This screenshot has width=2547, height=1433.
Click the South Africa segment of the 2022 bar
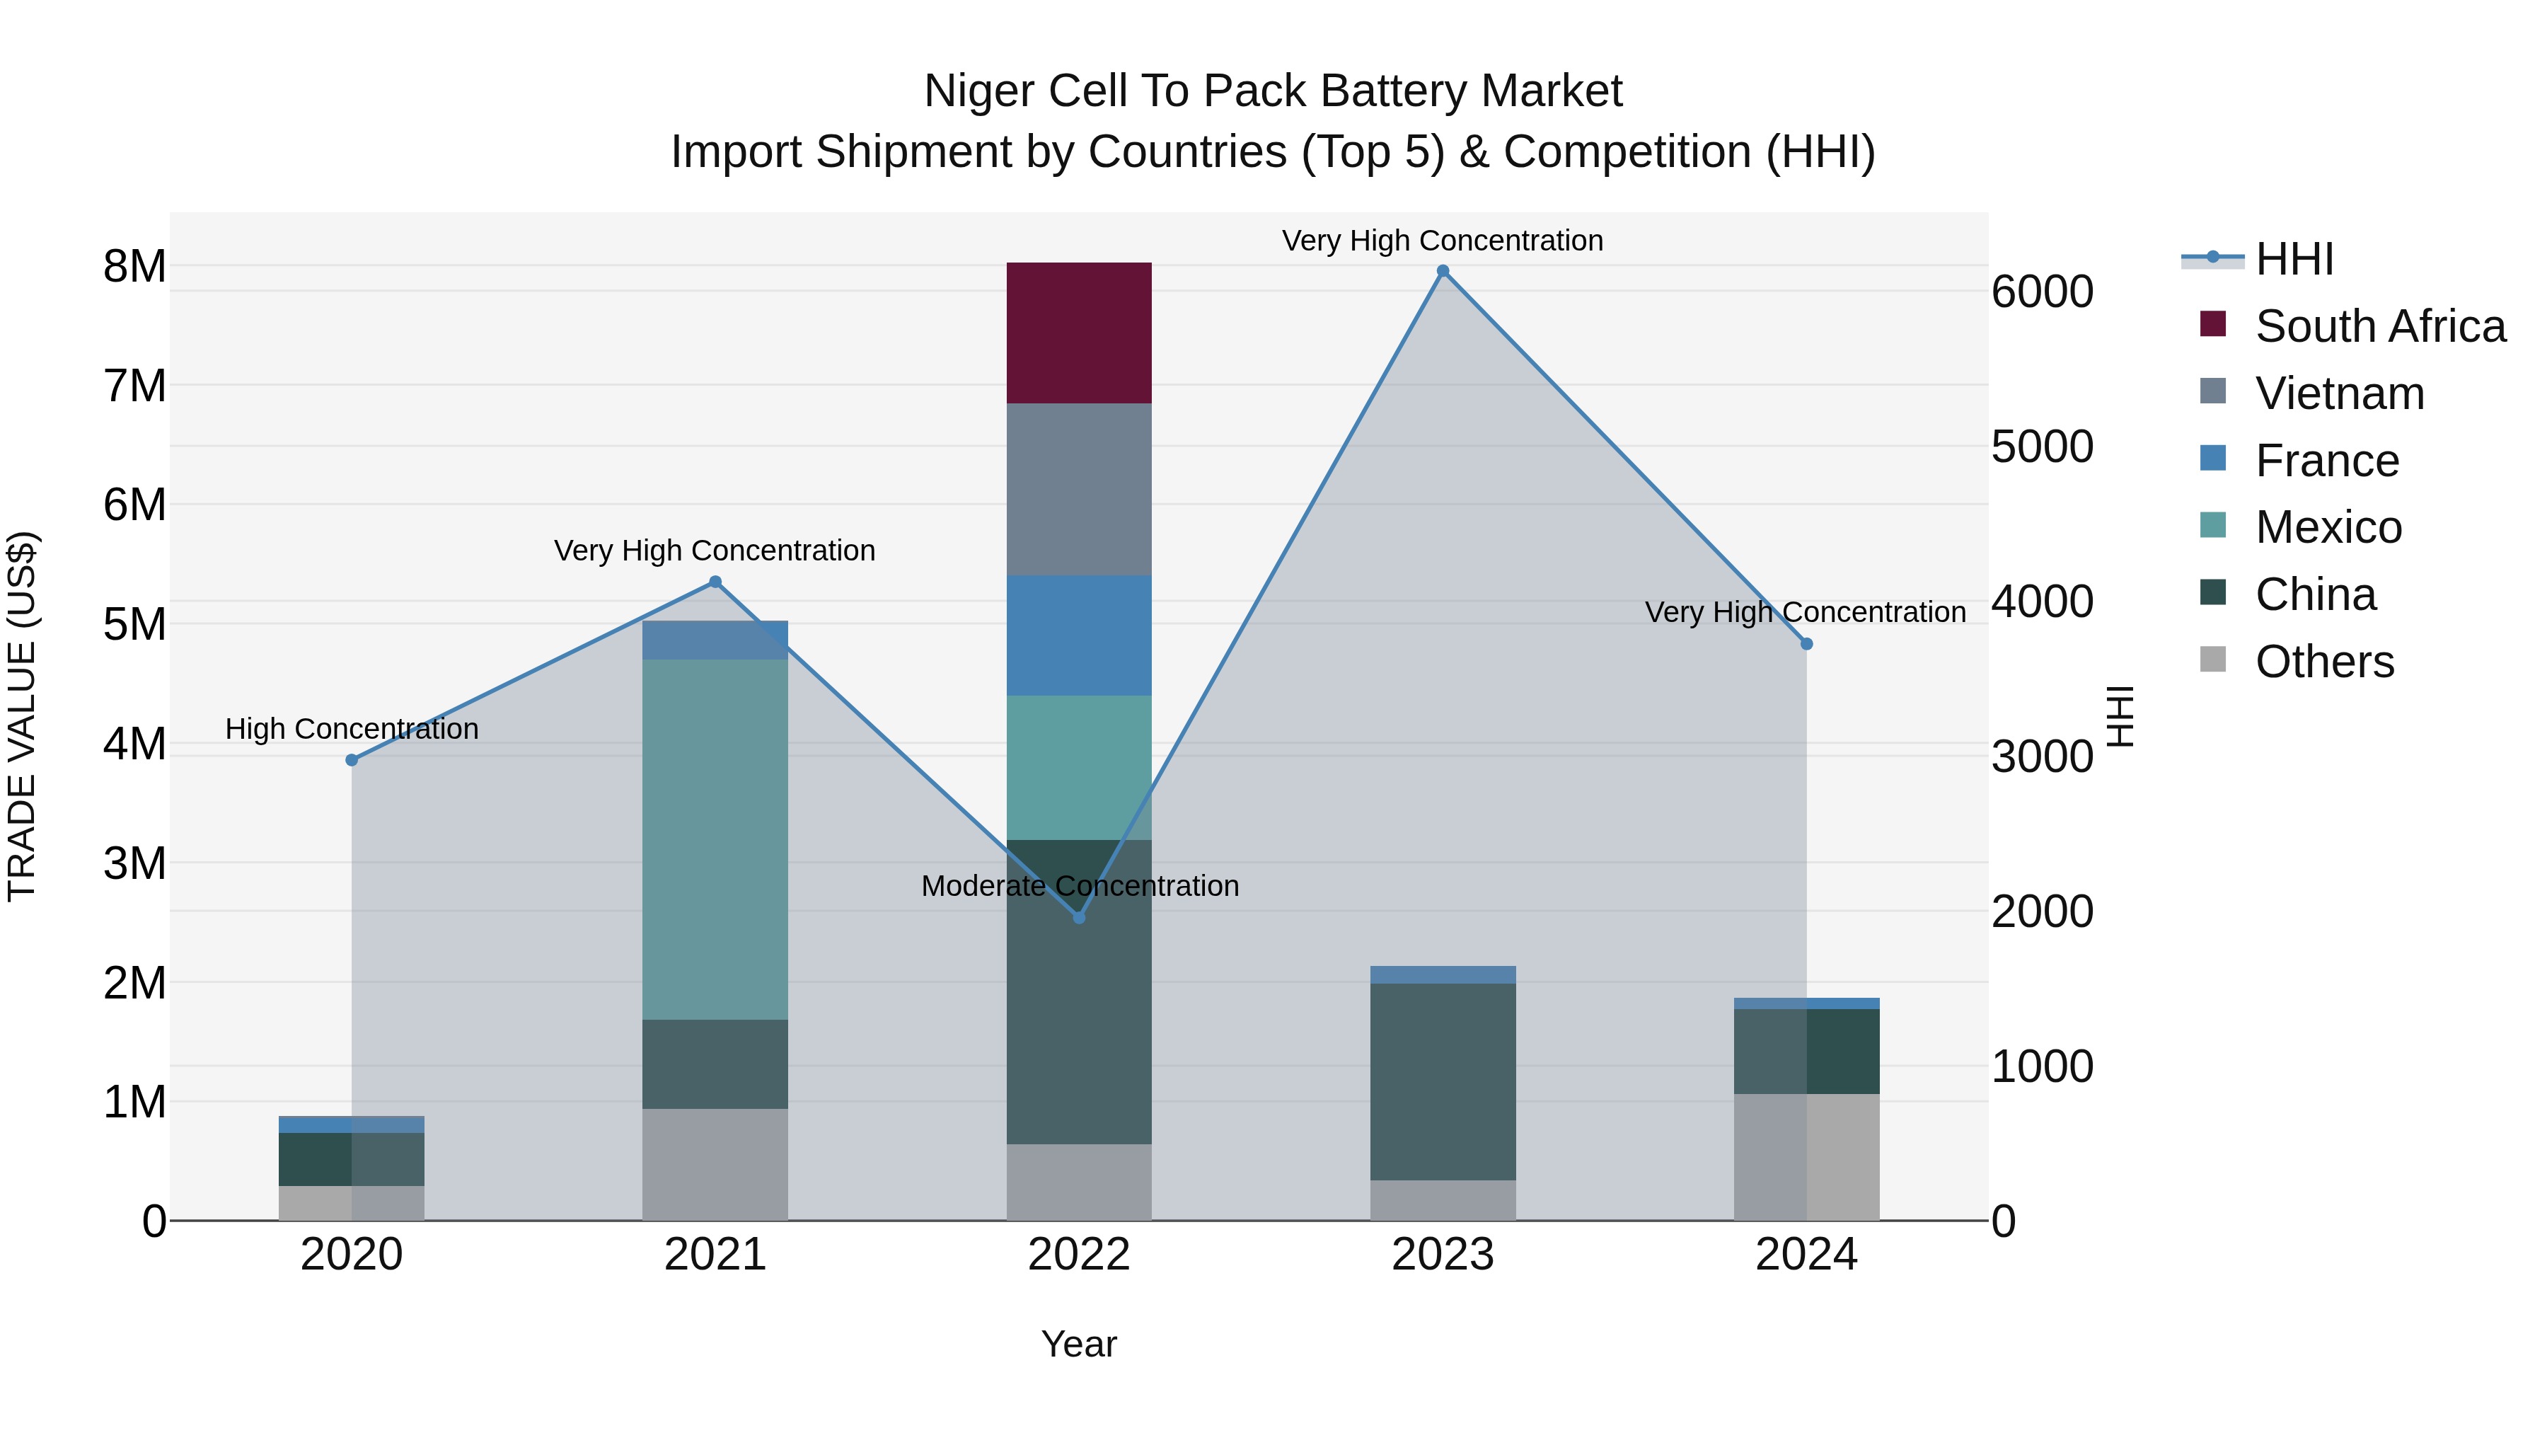(1079, 333)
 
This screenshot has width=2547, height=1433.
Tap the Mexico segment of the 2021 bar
(715, 839)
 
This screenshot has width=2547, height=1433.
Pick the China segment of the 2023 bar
(1443, 1081)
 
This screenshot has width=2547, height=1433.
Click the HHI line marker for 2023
(1443, 271)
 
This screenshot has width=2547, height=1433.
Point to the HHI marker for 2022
(1079, 918)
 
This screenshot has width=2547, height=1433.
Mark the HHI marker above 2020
(352, 759)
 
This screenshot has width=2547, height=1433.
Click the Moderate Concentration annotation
(1079, 886)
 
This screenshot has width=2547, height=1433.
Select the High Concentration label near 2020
(352, 729)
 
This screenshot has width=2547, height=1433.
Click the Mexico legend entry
(2328, 527)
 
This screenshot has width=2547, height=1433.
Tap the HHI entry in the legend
(2294, 259)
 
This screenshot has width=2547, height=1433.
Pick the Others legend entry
(2323, 662)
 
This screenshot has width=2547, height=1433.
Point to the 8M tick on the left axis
(134, 266)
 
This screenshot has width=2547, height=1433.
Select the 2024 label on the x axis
(1806, 1255)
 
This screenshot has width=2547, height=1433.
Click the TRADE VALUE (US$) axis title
(22, 716)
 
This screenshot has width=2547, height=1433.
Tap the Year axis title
(1079, 1344)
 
